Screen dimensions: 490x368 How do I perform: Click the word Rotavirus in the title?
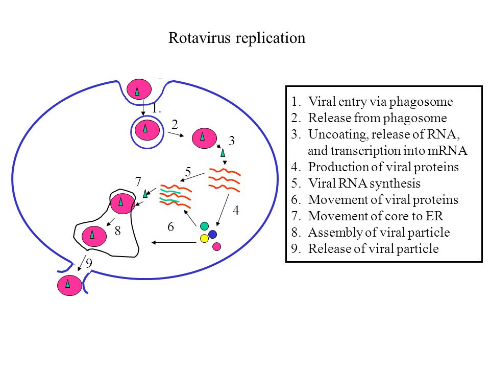pos(200,38)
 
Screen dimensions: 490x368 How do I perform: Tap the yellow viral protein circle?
pos(204,239)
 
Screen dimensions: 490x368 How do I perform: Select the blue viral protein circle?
pos(212,234)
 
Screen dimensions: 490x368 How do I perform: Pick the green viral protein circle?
pos(204,226)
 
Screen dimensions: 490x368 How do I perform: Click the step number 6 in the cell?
pos(170,226)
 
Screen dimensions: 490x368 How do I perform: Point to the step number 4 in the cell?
pos(236,210)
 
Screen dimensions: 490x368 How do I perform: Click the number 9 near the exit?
pos(89,264)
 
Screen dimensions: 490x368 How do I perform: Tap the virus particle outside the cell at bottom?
pos(69,285)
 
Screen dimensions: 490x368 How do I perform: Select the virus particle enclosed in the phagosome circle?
pos(147,130)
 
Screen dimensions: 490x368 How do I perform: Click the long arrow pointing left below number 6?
pos(174,242)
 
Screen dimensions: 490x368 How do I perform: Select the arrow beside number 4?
pos(223,210)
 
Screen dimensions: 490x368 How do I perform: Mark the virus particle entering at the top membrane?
pos(139,89)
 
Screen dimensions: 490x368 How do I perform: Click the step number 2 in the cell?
pos(175,125)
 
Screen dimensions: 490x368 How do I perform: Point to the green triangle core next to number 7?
pos(145,193)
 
